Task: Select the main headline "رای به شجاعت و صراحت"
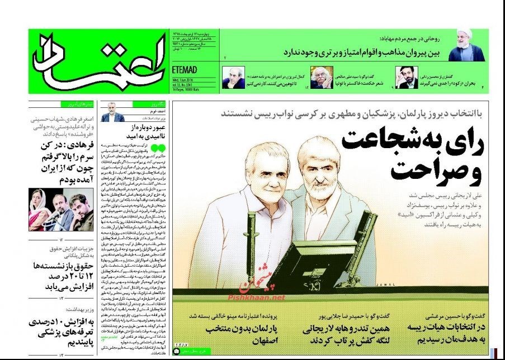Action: click(408, 155)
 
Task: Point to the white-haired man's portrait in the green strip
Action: click(320, 78)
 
